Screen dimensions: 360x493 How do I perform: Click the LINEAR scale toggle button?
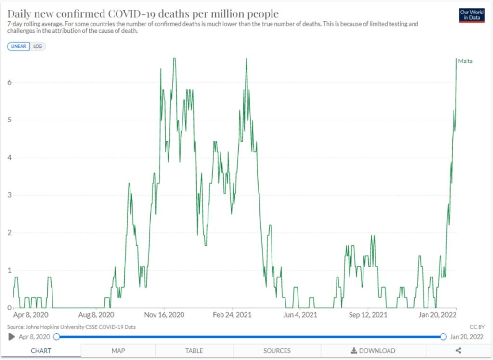click(19, 46)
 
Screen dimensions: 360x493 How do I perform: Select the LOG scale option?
click(38, 46)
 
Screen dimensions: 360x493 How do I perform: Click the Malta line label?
click(465, 61)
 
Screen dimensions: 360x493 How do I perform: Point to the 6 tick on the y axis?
click(9, 82)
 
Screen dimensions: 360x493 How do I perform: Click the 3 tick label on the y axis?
click(9, 195)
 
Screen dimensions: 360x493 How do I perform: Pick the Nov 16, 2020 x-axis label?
click(165, 315)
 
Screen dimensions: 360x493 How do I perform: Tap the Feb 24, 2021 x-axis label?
click(233, 315)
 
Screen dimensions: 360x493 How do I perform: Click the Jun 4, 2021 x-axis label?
click(300, 315)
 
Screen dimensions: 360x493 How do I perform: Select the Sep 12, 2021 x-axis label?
click(368, 315)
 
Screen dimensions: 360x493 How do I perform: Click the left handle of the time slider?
click(56, 337)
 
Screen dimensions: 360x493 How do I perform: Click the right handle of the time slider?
click(443, 337)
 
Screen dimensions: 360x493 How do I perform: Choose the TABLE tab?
click(194, 351)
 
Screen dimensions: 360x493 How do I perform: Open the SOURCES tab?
click(277, 351)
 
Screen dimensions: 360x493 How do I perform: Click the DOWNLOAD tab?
click(373, 351)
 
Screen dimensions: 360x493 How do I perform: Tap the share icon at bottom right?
click(458, 351)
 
